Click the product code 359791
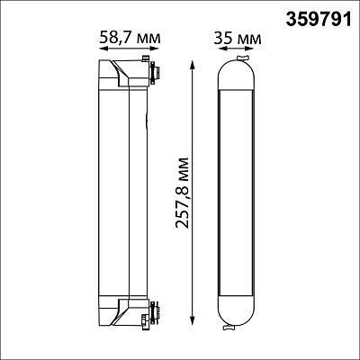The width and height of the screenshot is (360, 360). tap(318, 20)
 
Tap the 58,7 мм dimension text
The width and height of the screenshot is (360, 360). tap(130, 38)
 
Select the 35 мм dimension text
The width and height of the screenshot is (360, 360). tap(238, 39)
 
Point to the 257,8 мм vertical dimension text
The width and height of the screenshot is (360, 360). tap(183, 193)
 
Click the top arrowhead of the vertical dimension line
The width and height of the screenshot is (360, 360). tap(193, 65)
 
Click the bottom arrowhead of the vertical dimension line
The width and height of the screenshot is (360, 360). tap(193, 319)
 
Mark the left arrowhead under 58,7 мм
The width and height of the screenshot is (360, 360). tap(103, 49)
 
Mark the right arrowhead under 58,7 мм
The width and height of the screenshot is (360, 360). tap(155, 49)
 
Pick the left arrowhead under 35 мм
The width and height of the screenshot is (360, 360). tap(222, 49)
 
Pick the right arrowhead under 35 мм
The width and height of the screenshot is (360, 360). tap(249, 49)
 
